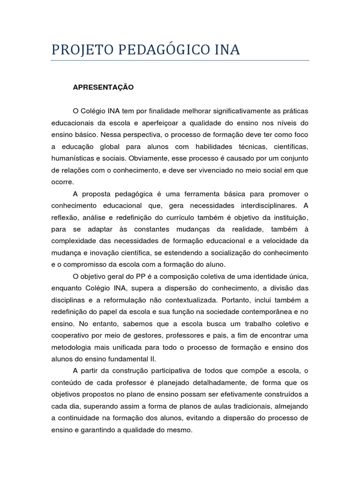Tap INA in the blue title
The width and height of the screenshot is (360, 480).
pyautogui.click(x=225, y=50)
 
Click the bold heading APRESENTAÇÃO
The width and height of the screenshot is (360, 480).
pyautogui.click(x=103, y=87)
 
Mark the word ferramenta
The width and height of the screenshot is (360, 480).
pyautogui.click(x=197, y=194)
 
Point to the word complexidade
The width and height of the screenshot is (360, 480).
pyautogui.click(x=75, y=241)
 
